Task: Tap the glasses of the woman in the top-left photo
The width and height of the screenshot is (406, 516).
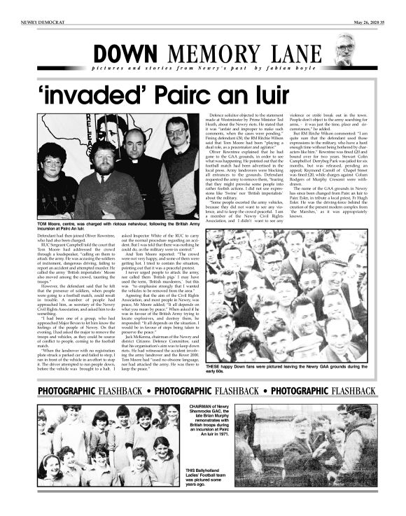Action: tap(54, 162)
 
